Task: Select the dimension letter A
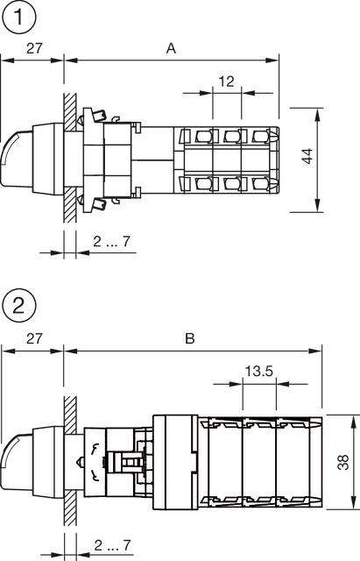[172, 50]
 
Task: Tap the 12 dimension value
[226, 82]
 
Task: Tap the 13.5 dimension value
[258, 372]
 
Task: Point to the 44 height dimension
[307, 158]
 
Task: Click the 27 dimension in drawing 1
[33, 50]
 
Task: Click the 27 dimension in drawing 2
[33, 338]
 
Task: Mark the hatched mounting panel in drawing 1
[69, 158]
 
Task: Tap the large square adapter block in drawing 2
[175, 460]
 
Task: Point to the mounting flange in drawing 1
[91, 159]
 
